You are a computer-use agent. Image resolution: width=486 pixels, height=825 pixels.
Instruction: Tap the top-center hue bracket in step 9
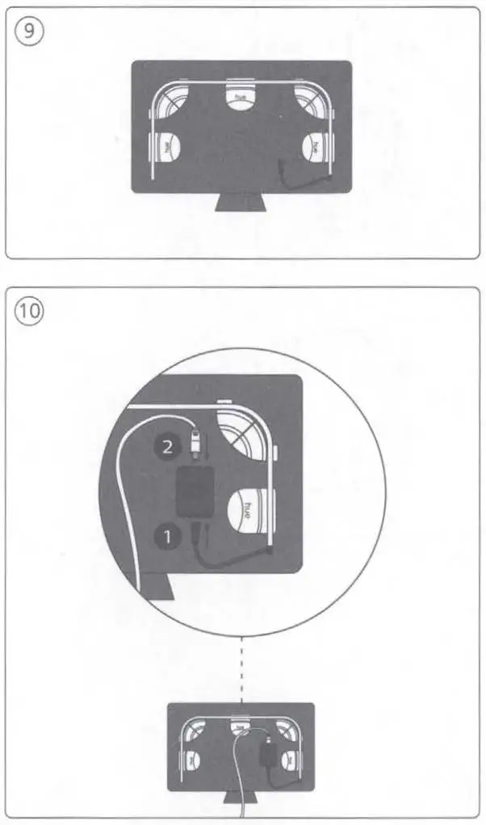[240, 96]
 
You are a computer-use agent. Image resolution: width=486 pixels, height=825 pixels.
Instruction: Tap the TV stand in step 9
[241, 202]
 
